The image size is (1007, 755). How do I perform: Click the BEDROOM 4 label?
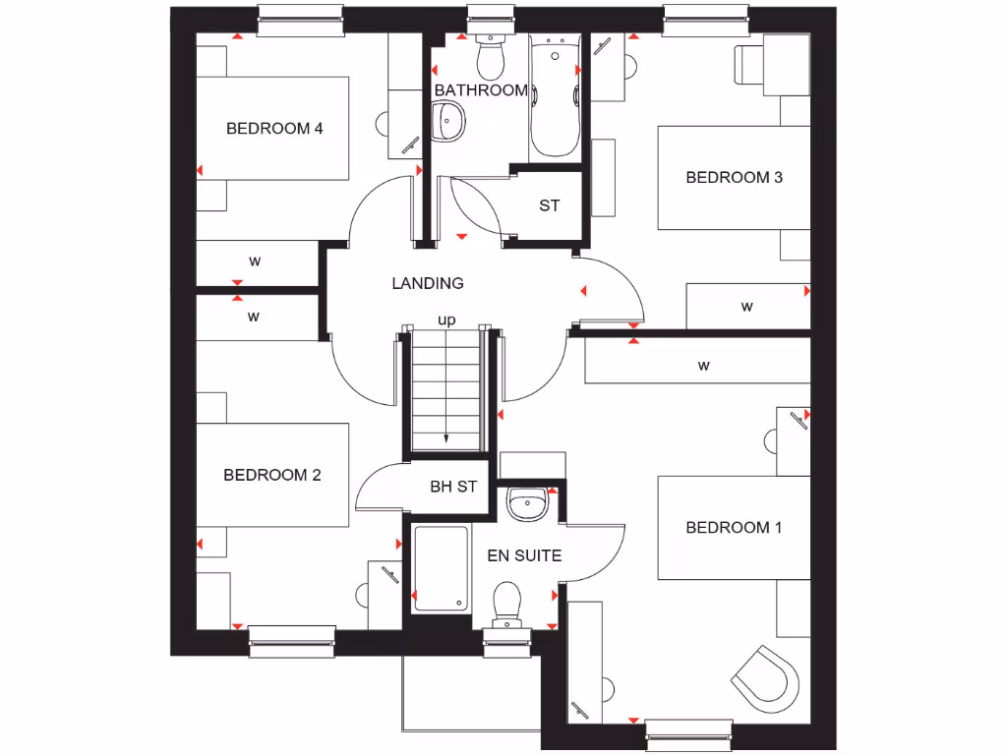pyautogui.click(x=274, y=128)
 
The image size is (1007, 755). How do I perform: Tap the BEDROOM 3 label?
pyautogui.click(x=734, y=178)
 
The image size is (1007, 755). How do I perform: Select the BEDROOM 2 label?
pyautogui.click(x=271, y=475)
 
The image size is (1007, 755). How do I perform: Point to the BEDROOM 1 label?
pyautogui.click(x=734, y=528)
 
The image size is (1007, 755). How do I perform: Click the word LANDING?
pyautogui.click(x=428, y=283)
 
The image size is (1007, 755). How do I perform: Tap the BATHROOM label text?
pyautogui.click(x=481, y=90)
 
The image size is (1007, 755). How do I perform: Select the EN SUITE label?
pyautogui.click(x=524, y=555)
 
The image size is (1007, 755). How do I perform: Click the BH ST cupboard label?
pyautogui.click(x=453, y=487)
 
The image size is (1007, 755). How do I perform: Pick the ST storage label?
pyautogui.click(x=549, y=205)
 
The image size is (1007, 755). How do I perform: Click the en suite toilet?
pyautogui.click(x=506, y=602)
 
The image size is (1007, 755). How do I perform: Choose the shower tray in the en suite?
pyautogui.click(x=441, y=568)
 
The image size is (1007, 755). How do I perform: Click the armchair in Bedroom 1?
pyautogui.click(x=767, y=678)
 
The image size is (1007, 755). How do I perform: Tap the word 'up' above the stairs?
pyautogui.click(x=446, y=319)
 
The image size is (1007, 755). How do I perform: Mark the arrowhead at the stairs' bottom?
pyautogui.click(x=446, y=439)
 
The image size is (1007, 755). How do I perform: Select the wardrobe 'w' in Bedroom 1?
pyautogui.click(x=702, y=366)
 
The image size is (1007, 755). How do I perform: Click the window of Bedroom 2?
pyautogui.click(x=292, y=641)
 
